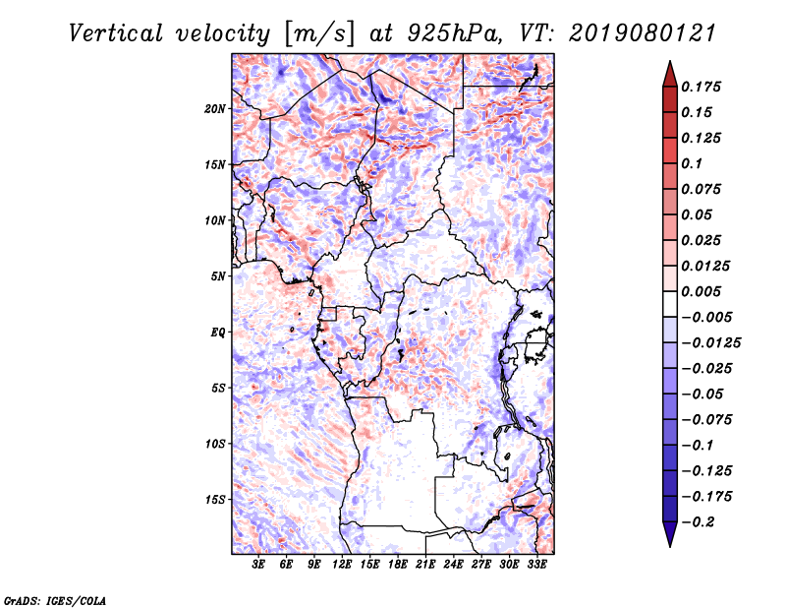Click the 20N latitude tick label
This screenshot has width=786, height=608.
(216, 108)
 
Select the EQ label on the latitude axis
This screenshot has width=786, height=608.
(218, 333)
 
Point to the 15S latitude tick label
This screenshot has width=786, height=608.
(216, 500)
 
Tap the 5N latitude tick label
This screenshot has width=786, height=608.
(219, 276)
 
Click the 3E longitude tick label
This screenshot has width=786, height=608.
(259, 565)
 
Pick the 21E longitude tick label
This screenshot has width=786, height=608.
(426, 565)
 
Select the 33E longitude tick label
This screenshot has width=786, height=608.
(537, 565)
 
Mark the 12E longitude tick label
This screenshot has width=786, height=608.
(343, 565)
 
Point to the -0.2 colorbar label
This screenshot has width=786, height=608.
(702, 521)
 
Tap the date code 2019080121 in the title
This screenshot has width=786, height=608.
(635, 32)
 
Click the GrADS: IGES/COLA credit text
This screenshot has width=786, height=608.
(54, 599)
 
